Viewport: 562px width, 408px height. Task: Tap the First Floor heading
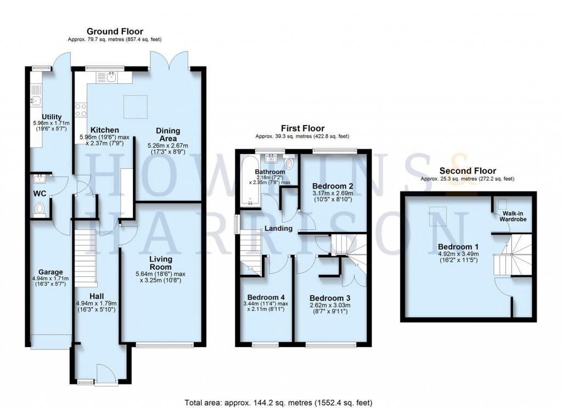pos(302,128)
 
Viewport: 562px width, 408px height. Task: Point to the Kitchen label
pos(104,130)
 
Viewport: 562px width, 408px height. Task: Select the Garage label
pos(50,272)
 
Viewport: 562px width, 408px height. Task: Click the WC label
pos(39,194)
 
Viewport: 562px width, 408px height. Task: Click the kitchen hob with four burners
pos(81,110)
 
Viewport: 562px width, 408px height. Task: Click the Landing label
pos(278,229)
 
